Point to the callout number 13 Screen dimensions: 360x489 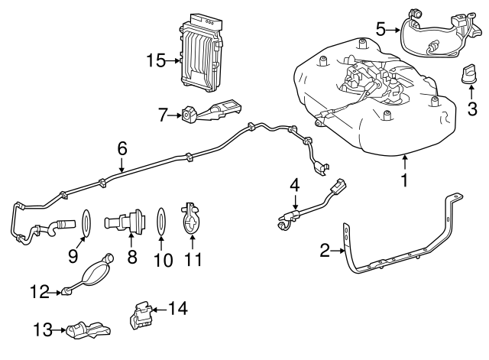[x=43, y=330]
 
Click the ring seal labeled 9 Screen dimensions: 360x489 [x=87, y=223]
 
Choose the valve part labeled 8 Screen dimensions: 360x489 [x=124, y=225]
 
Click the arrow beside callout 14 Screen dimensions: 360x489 [x=157, y=309]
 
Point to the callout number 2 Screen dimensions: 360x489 [x=324, y=250]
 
